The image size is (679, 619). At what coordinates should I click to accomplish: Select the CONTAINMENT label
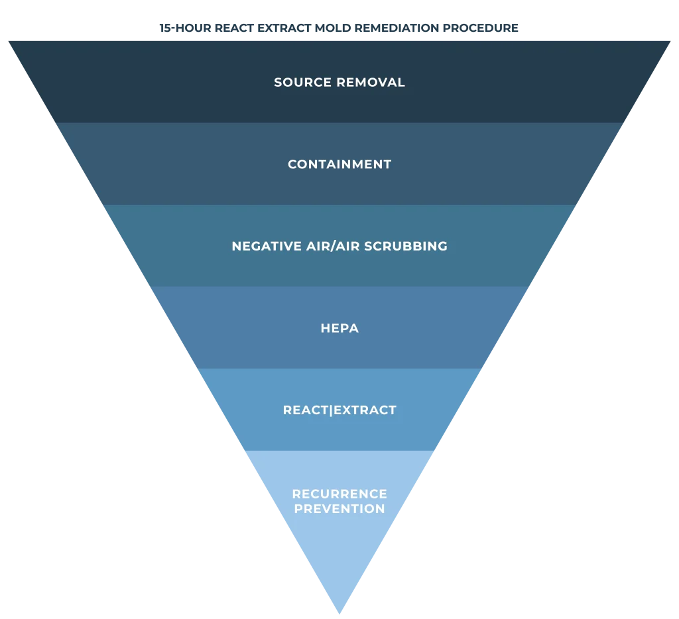[x=339, y=164]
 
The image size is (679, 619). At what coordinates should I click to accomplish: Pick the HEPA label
[x=339, y=328]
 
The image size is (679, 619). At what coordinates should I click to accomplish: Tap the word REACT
[x=306, y=410]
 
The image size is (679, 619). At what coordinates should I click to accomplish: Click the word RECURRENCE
[x=339, y=494]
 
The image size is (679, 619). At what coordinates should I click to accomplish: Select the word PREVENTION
[x=339, y=509]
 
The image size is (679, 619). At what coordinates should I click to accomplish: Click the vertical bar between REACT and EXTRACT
[x=332, y=410]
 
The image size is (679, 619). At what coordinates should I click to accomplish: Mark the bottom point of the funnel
[x=339, y=612]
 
